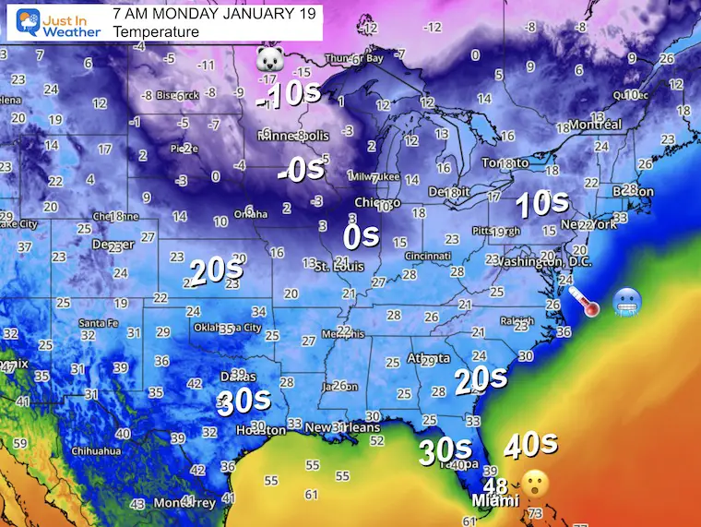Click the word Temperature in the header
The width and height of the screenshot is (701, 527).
(156, 31)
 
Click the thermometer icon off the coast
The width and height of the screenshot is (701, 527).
(584, 302)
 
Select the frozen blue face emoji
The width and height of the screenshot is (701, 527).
(627, 302)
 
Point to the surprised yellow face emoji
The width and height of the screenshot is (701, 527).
(535, 481)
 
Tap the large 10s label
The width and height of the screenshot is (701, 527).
(541, 201)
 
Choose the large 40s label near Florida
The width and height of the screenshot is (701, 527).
(530, 445)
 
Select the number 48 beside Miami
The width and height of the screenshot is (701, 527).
(494, 485)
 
